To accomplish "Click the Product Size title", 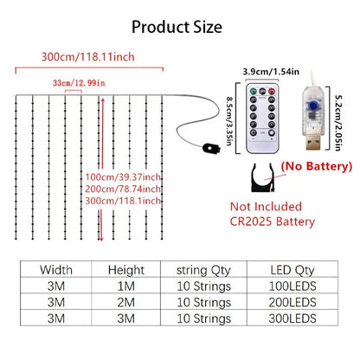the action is pos(177,27).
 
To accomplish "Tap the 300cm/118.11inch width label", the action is pos(88,56).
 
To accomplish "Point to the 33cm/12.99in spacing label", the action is pos(79,83).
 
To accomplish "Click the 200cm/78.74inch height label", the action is pos(123,189).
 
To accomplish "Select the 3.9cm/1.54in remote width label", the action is pos(271,72).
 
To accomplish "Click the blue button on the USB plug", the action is pos(312,106).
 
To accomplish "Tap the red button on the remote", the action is pos(272,92).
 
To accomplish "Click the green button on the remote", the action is pos(254,92).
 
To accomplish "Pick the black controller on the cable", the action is pos(211,148).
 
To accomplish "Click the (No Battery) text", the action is pos(317,166).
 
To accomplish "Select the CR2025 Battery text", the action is pos(273,222).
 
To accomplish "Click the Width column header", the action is pos(56,270).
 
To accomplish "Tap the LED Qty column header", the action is pos(292,270).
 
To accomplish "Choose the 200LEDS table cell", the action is pos(292,302).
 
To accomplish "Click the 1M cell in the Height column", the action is pos(126,286).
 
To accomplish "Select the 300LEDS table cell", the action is pos(292,318).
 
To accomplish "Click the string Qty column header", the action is pos(203,271).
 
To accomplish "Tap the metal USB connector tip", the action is pos(313,143).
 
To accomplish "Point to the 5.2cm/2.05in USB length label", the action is pos(337,123).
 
